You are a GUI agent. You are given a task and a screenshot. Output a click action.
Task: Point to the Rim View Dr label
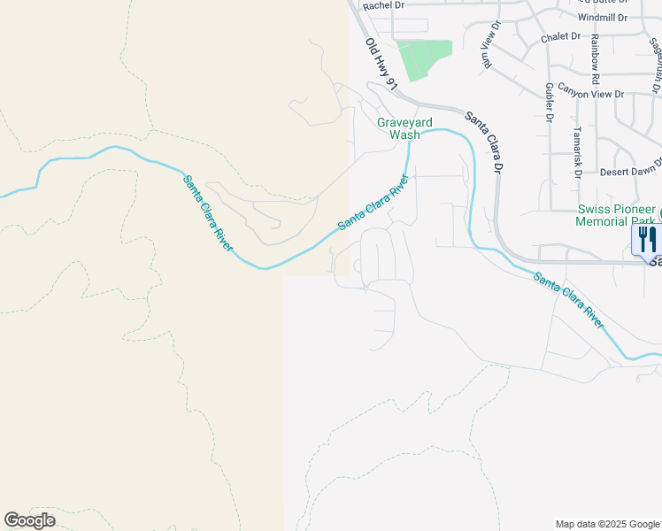point(486,55)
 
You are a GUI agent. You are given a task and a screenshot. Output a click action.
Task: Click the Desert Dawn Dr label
point(631,171)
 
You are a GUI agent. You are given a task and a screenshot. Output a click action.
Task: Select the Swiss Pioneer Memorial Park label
point(615,214)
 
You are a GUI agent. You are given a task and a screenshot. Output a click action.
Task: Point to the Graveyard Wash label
point(398,128)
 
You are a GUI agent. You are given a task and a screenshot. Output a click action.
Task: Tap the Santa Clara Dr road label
point(485,142)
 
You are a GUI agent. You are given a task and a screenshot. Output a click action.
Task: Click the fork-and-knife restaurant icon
point(647,239)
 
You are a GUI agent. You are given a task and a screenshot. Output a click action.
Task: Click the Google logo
point(29,520)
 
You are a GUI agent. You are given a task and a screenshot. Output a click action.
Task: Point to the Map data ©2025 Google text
point(607,524)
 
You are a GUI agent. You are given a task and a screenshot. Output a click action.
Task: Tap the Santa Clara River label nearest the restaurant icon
point(567,301)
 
